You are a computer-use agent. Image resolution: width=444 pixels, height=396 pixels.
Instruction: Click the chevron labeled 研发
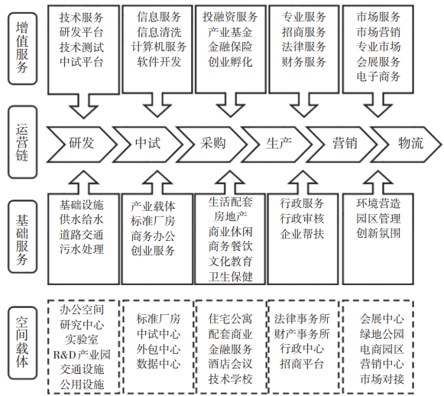81,144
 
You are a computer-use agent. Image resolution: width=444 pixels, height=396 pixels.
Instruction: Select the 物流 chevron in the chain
407,144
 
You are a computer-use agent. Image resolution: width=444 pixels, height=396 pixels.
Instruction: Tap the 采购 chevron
212,144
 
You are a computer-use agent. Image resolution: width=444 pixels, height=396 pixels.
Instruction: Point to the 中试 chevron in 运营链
147,144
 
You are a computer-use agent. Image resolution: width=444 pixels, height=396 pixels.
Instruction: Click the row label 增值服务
22,48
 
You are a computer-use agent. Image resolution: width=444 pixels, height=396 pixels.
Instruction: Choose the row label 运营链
22,142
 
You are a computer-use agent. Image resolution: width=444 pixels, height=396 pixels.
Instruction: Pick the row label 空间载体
22,342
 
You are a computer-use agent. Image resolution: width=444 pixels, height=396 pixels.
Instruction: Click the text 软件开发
159,62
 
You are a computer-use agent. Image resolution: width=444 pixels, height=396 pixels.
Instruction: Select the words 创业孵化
230,62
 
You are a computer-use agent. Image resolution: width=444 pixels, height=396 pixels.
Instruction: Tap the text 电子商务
378,76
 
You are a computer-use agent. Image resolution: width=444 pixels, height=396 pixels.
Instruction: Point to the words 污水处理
82,249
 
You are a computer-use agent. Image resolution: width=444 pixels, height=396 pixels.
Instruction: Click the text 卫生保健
231,277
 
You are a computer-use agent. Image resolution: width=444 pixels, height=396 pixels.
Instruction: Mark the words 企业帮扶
302,234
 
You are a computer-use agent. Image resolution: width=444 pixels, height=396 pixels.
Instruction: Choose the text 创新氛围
378,233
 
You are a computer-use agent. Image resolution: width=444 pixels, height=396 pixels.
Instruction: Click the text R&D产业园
82,355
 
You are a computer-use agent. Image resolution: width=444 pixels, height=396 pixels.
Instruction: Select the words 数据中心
159,364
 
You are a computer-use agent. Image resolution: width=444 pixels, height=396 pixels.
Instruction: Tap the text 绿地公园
382,334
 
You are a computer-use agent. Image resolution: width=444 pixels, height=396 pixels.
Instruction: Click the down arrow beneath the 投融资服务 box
230,105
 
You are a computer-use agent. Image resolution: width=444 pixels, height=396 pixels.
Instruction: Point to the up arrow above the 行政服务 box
304,183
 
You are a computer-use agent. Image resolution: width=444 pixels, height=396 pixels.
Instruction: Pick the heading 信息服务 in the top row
159,17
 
